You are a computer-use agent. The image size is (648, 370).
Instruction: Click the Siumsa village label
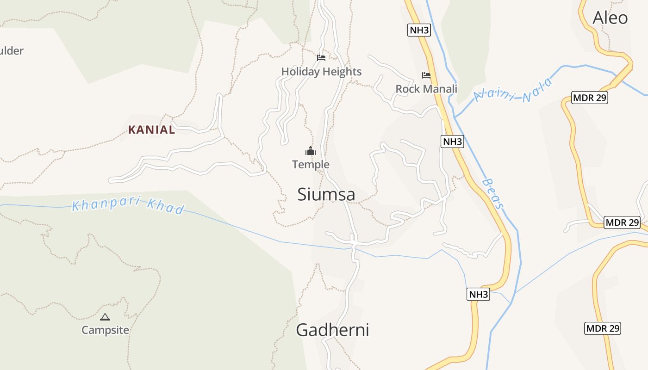(326, 194)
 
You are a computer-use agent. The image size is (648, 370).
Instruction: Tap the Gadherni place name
(332, 330)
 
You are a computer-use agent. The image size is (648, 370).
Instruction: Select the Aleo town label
(610, 18)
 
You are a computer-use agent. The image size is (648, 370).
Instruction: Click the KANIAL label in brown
(152, 130)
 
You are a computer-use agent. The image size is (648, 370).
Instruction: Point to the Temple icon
(310, 151)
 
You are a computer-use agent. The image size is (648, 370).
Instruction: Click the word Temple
(311, 164)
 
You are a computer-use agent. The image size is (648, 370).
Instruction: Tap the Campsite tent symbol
(105, 317)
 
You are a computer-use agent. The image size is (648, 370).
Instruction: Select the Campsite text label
(105, 330)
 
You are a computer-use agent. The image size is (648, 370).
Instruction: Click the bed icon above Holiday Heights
(321, 58)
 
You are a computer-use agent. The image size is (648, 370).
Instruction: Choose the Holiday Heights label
(321, 72)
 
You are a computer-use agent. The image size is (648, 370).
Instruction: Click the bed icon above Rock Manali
(426, 75)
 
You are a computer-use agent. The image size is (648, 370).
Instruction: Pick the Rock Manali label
(426, 89)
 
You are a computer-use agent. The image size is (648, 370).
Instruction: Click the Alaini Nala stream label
(513, 91)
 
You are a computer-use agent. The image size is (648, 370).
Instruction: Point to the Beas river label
(492, 194)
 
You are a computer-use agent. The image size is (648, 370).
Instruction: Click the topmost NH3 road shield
(419, 31)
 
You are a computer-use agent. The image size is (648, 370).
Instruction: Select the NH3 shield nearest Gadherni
(478, 294)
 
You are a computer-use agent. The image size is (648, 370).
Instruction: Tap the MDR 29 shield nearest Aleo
(589, 98)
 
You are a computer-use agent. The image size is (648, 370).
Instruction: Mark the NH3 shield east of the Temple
(452, 142)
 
